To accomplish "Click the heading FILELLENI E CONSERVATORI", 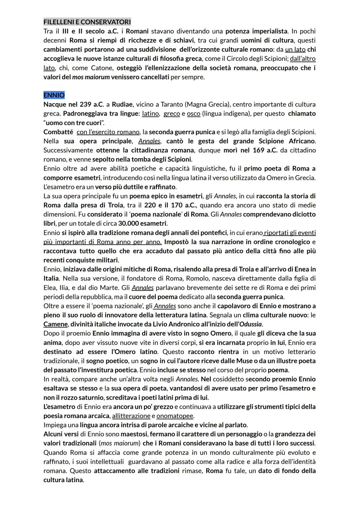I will tap(87, 22).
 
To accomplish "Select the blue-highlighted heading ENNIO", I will tap(54, 95).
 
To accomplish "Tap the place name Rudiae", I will tap(122, 104).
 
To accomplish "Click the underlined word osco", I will tap(193, 114).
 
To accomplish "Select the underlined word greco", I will tap(172, 114).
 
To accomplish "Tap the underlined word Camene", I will tap(55, 324).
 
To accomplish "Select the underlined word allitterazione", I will tap(131, 416).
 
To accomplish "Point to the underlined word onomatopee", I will tap(175, 416).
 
